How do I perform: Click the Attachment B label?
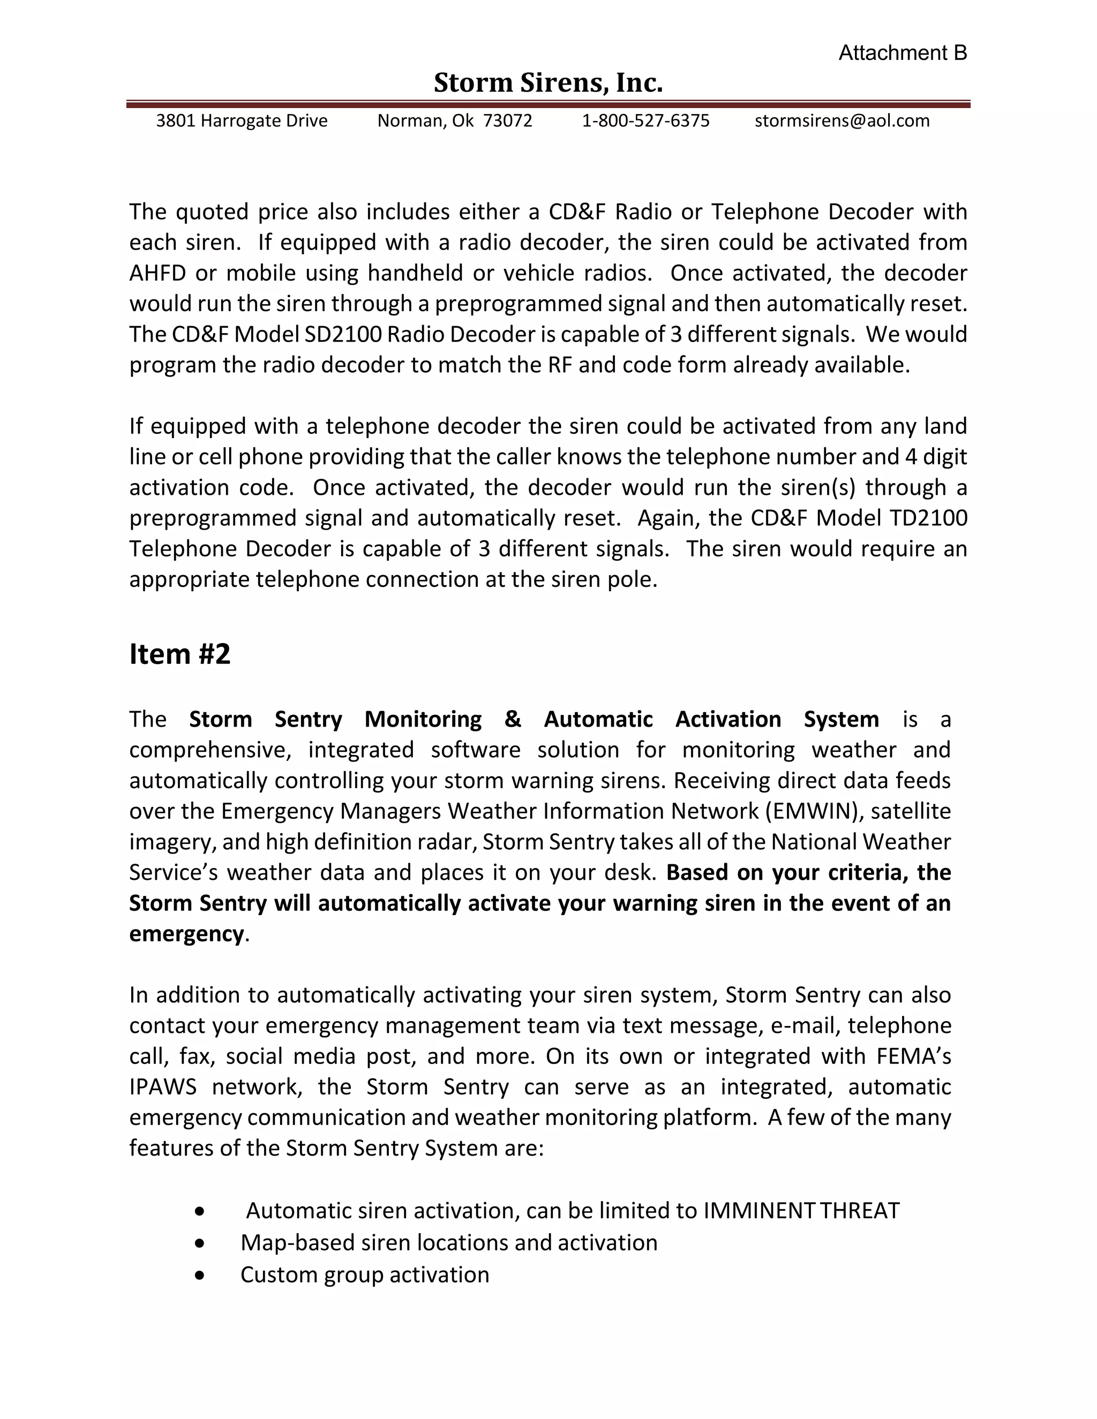[x=902, y=52]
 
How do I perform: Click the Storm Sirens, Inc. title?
[x=548, y=83]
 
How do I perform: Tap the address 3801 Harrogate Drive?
[x=242, y=121]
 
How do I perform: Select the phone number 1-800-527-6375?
[x=645, y=121]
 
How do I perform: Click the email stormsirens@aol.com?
[x=841, y=121]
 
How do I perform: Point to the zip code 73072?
[x=508, y=121]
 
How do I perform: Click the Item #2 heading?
[x=180, y=654]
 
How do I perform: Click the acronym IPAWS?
[x=162, y=1087]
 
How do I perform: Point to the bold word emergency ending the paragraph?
[x=186, y=934]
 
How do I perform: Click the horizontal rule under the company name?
[x=548, y=104]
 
